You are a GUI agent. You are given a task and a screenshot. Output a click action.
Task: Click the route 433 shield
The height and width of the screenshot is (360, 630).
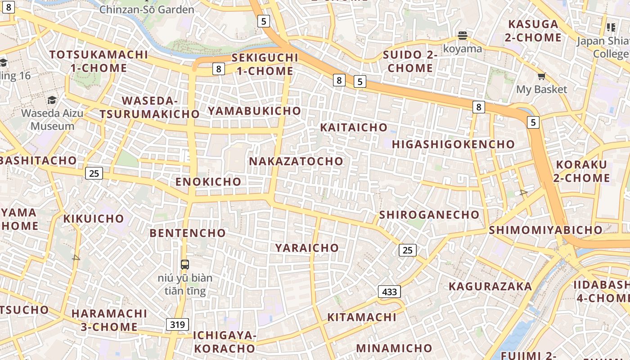tap(389, 292)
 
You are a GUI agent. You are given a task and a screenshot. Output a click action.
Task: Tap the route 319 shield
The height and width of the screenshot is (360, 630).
tap(177, 324)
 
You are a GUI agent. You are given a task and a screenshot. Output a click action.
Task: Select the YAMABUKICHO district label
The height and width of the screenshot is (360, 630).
tap(254, 111)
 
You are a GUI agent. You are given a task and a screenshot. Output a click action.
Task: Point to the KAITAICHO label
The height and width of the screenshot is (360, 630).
tap(354, 127)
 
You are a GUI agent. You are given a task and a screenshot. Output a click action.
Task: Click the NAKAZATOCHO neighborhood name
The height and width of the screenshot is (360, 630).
tap(296, 161)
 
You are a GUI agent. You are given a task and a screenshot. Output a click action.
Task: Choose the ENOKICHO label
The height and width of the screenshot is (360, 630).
tap(208, 181)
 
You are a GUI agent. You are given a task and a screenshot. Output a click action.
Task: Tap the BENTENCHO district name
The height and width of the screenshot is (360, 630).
tap(188, 233)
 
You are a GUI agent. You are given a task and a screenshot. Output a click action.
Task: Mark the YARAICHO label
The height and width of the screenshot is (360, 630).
tap(307, 247)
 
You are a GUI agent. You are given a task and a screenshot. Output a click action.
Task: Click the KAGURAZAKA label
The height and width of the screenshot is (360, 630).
tap(490, 286)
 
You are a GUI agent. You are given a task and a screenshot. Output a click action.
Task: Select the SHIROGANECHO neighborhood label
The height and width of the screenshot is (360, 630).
tap(429, 215)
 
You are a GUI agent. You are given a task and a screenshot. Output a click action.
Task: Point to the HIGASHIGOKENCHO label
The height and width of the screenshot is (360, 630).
tap(453, 144)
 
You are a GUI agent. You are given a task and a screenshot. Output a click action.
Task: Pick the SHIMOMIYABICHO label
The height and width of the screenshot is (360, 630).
tap(545, 230)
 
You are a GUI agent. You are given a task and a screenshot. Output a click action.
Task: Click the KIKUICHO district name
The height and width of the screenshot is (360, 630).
tap(93, 219)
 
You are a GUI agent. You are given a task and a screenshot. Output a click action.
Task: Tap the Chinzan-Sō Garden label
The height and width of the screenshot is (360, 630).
tap(147, 9)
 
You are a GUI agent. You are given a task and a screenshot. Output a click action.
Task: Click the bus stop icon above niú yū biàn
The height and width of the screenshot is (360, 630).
tap(184, 264)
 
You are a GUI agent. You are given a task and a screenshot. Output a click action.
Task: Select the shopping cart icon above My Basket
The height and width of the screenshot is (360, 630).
tap(541, 76)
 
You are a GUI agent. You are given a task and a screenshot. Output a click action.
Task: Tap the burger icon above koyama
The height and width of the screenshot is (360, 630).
tap(462, 36)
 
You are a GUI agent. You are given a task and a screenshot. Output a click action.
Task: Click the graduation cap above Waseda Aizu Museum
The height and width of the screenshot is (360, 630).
tap(52, 100)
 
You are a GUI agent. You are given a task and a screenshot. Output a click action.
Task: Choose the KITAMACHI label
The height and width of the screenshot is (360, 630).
tap(361, 317)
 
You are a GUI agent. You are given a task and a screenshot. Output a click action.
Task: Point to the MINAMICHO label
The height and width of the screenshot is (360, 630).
tap(394, 348)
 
